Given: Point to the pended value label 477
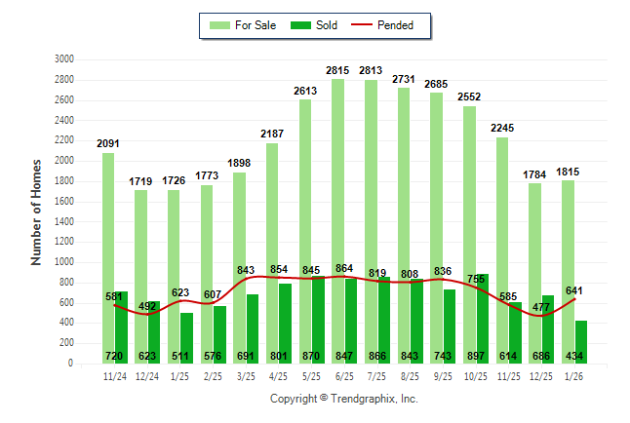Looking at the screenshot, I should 541,306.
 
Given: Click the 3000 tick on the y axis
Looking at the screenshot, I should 64,59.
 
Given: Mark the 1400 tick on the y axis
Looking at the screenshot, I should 64,221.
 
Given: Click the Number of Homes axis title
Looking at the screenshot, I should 37,211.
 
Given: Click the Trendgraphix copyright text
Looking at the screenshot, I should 343,400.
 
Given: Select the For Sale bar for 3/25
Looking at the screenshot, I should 239,268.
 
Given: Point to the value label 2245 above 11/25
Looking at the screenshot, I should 502,128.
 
